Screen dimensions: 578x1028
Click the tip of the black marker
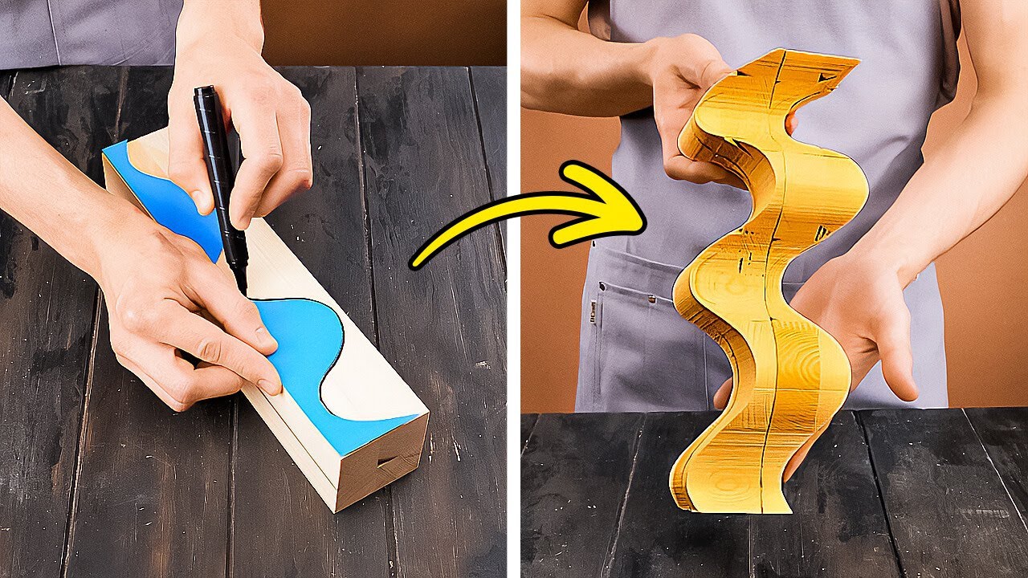click(x=242, y=290)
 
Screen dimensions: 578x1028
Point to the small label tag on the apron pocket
click(x=592, y=310)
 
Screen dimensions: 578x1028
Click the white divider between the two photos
click(x=513, y=289)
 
